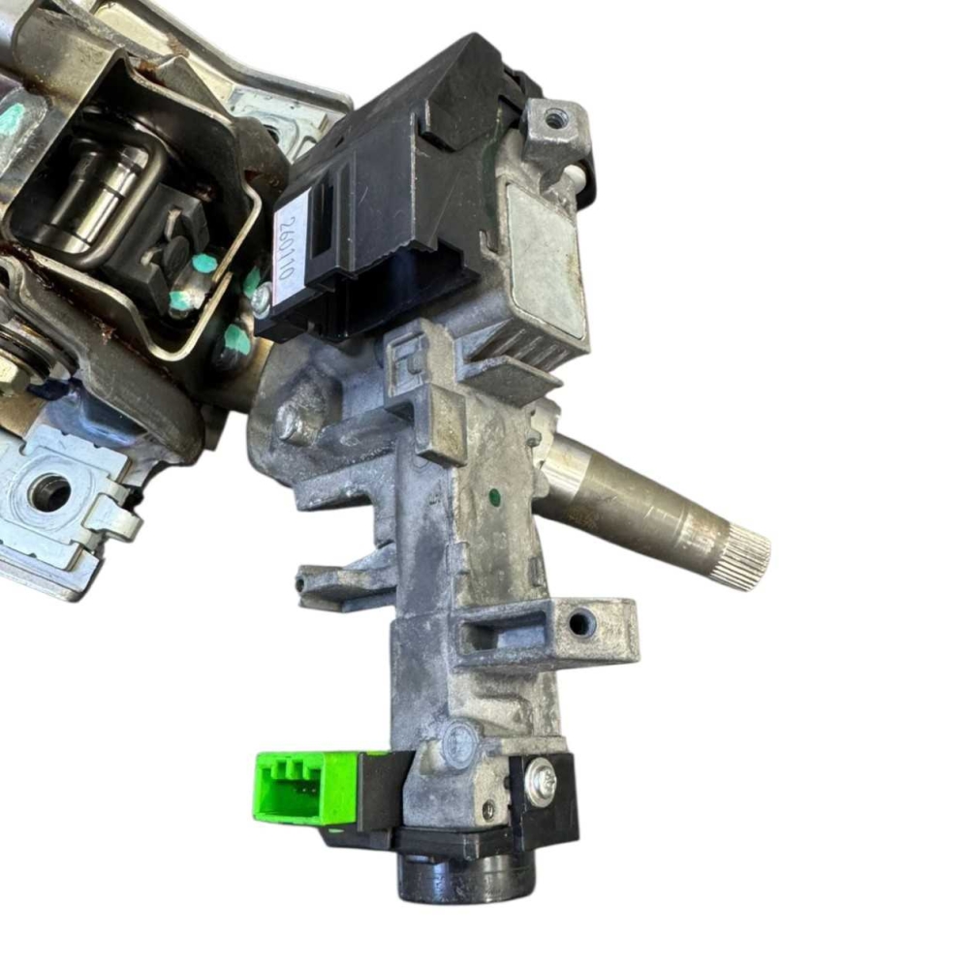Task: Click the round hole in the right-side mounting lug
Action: (578, 623)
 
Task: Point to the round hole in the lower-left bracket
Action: (50, 492)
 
